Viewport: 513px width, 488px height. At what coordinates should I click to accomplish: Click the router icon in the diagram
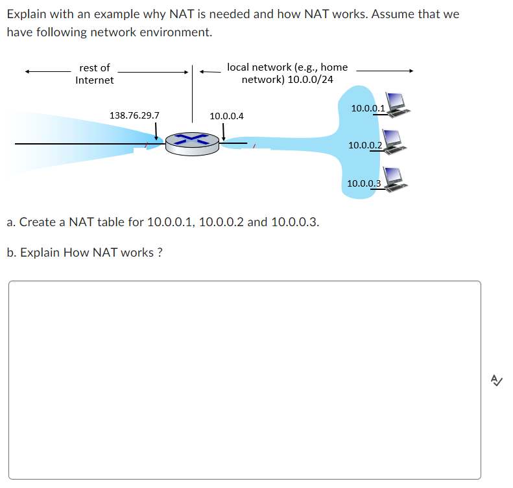(x=191, y=143)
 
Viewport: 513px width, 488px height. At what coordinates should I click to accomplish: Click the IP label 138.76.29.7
(x=134, y=115)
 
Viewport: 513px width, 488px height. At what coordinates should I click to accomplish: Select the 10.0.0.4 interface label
(x=226, y=116)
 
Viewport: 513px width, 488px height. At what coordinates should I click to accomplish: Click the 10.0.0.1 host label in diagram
(x=367, y=108)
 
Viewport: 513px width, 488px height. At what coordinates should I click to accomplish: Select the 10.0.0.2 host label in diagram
(x=365, y=145)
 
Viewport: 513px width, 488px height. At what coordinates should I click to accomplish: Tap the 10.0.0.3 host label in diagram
(x=364, y=183)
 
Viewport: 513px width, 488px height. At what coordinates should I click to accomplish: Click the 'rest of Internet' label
(x=95, y=74)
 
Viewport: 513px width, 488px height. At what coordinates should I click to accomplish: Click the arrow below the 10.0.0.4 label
(x=224, y=132)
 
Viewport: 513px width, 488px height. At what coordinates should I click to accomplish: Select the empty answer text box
(x=245, y=380)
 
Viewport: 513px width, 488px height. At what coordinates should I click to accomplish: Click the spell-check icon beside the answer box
(x=497, y=380)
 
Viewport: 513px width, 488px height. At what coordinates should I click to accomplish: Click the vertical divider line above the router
(x=192, y=97)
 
